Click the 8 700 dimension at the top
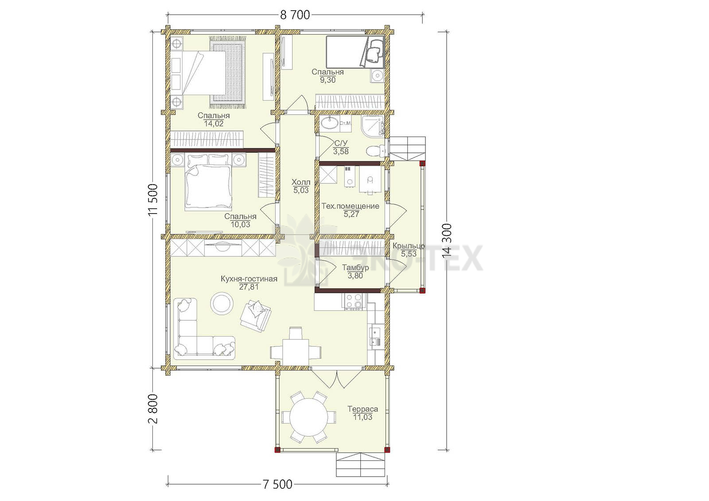(295, 15)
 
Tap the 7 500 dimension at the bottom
(277, 484)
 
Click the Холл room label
(301, 183)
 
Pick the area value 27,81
(249, 287)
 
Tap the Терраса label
(363, 409)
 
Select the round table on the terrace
(308, 417)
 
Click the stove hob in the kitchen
(354, 301)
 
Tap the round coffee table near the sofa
(222, 303)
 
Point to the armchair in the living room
(256, 316)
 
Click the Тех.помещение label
(351, 206)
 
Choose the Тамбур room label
(355, 268)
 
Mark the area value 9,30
(327, 80)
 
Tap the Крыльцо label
(409, 246)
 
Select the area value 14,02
(214, 124)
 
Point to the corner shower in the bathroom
(373, 127)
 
